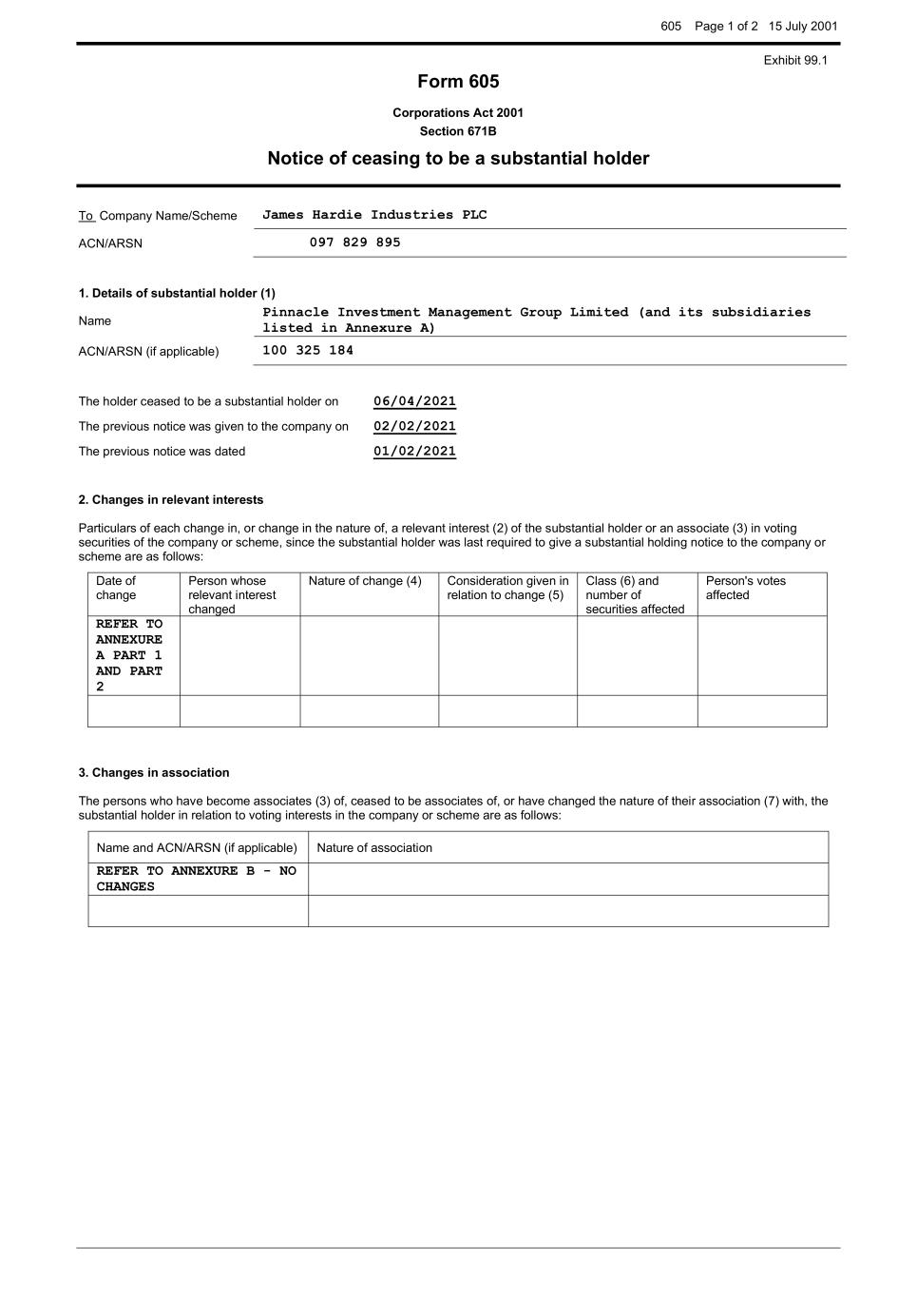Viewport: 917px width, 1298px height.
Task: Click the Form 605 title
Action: coord(458,82)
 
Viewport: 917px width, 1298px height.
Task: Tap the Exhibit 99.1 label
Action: coord(795,60)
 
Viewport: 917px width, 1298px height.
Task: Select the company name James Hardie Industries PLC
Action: coord(374,215)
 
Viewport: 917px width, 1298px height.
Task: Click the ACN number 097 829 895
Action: coord(354,242)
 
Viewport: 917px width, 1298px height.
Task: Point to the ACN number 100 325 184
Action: coord(307,351)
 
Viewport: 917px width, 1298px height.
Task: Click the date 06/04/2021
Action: coord(414,401)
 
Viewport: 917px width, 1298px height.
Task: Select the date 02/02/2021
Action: coord(414,426)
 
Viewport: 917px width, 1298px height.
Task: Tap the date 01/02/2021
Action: coord(414,452)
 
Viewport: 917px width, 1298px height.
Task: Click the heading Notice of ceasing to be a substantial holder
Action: coord(458,159)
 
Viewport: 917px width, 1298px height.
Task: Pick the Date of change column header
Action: coord(116,588)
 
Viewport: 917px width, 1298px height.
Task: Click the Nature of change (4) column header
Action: coord(365,581)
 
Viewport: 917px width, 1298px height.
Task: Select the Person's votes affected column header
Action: coord(745,588)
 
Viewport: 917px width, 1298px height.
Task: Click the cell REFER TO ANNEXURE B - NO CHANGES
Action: coord(196,879)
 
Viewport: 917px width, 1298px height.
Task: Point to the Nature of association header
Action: coord(374,847)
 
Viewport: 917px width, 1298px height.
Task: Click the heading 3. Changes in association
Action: coord(154,772)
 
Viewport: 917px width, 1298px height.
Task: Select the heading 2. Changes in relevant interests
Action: coord(171,499)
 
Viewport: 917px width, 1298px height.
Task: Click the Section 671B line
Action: coord(458,131)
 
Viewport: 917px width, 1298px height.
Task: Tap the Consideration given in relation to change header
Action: coord(507,588)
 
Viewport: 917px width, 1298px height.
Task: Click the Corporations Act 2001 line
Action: coord(458,112)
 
